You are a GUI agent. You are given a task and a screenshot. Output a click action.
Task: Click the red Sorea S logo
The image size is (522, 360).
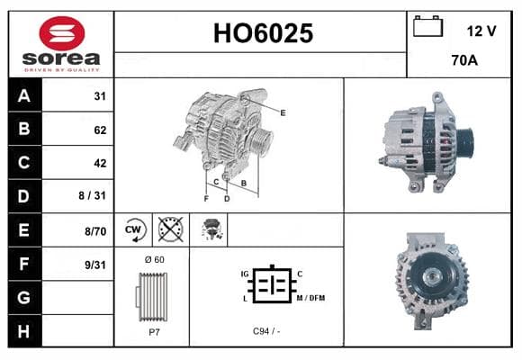62,33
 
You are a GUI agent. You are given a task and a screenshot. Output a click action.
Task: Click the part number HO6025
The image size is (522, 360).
263,33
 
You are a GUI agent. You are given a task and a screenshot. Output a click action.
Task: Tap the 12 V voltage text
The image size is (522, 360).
481,31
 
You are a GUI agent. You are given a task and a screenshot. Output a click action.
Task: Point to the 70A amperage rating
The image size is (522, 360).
464,60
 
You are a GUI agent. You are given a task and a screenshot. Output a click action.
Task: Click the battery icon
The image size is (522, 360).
427,26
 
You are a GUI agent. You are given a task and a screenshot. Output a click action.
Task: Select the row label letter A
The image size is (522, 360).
24,96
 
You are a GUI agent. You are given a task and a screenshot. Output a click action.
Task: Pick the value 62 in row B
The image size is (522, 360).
100,130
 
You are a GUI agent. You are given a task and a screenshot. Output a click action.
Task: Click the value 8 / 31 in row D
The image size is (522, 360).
92,195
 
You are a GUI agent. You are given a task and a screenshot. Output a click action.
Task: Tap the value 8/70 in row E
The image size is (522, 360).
95,231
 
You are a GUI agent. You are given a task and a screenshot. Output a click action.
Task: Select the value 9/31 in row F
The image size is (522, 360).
95,265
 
